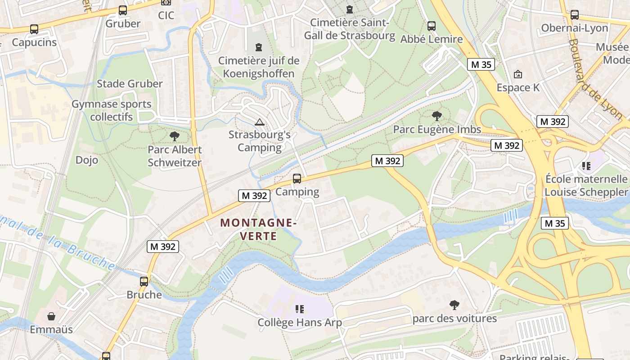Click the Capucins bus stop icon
coord(34,30)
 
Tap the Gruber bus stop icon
coord(123,10)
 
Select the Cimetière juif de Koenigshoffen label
coord(259,67)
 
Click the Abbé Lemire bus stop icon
coord(432,26)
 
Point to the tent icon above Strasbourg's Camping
coord(259,122)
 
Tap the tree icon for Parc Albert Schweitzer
coord(175,136)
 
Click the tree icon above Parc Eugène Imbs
coord(436,116)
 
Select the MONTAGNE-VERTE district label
coord(259,229)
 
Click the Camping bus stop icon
coord(297,179)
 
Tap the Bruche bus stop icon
coord(144,282)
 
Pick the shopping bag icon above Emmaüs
coord(51,316)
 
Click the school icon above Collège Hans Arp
coord(300,309)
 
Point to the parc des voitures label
coord(454,319)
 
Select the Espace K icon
coord(518,74)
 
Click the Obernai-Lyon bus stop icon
coord(575,15)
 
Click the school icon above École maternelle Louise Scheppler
coord(586,166)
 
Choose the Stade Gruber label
coord(130,84)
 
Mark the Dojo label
coord(87,160)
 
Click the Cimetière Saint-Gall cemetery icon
coord(350,9)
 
